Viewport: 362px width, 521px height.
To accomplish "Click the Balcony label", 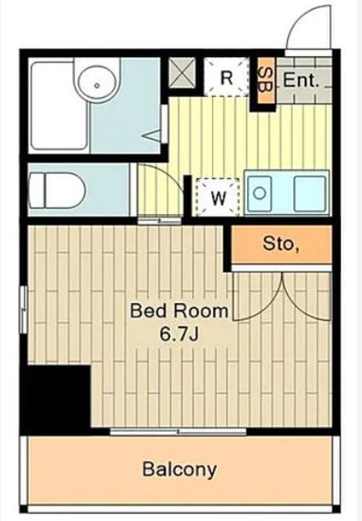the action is (x=179, y=470).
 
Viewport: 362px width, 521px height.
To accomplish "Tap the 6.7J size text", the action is (x=179, y=334).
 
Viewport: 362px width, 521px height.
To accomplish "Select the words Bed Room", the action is (x=179, y=311).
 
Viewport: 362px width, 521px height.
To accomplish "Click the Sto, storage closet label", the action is (x=279, y=243).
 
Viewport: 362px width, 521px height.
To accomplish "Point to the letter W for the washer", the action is (x=219, y=199).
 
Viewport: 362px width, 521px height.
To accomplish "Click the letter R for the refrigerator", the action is (x=227, y=78).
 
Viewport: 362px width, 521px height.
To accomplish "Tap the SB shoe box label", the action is (x=266, y=80).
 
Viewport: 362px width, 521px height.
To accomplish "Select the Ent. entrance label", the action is (x=301, y=80).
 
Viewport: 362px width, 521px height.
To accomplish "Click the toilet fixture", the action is (x=57, y=190).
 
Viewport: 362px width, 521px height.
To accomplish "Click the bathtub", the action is (x=60, y=106).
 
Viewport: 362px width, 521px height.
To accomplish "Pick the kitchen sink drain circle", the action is (x=259, y=193).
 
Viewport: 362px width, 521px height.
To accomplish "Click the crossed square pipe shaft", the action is (x=182, y=73).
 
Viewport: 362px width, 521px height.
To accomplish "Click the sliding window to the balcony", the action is (x=178, y=431).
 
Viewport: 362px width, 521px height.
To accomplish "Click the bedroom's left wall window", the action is (x=24, y=309).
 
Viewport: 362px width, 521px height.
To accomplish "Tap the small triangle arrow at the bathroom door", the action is (x=152, y=136).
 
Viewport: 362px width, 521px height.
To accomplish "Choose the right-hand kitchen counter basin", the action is (x=310, y=194).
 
